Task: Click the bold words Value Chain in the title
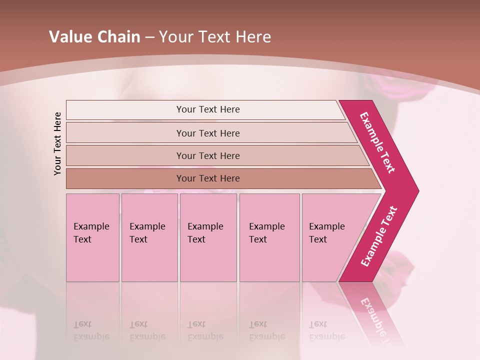(x=94, y=37)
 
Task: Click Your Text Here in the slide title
(x=215, y=37)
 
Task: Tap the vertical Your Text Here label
(x=57, y=143)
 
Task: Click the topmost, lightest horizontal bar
(x=208, y=109)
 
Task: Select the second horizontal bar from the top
(x=208, y=133)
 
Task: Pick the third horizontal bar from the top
(x=208, y=155)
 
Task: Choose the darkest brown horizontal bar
(x=208, y=178)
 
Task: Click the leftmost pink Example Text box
(x=92, y=237)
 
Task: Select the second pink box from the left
(x=149, y=237)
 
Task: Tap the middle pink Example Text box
(x=208, y=237)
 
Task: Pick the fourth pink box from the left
(x=269, y=237)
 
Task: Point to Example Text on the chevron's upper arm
(x=377, y=142)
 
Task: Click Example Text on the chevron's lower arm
(x=379, y=236)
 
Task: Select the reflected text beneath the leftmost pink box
(x=91, y=330)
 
